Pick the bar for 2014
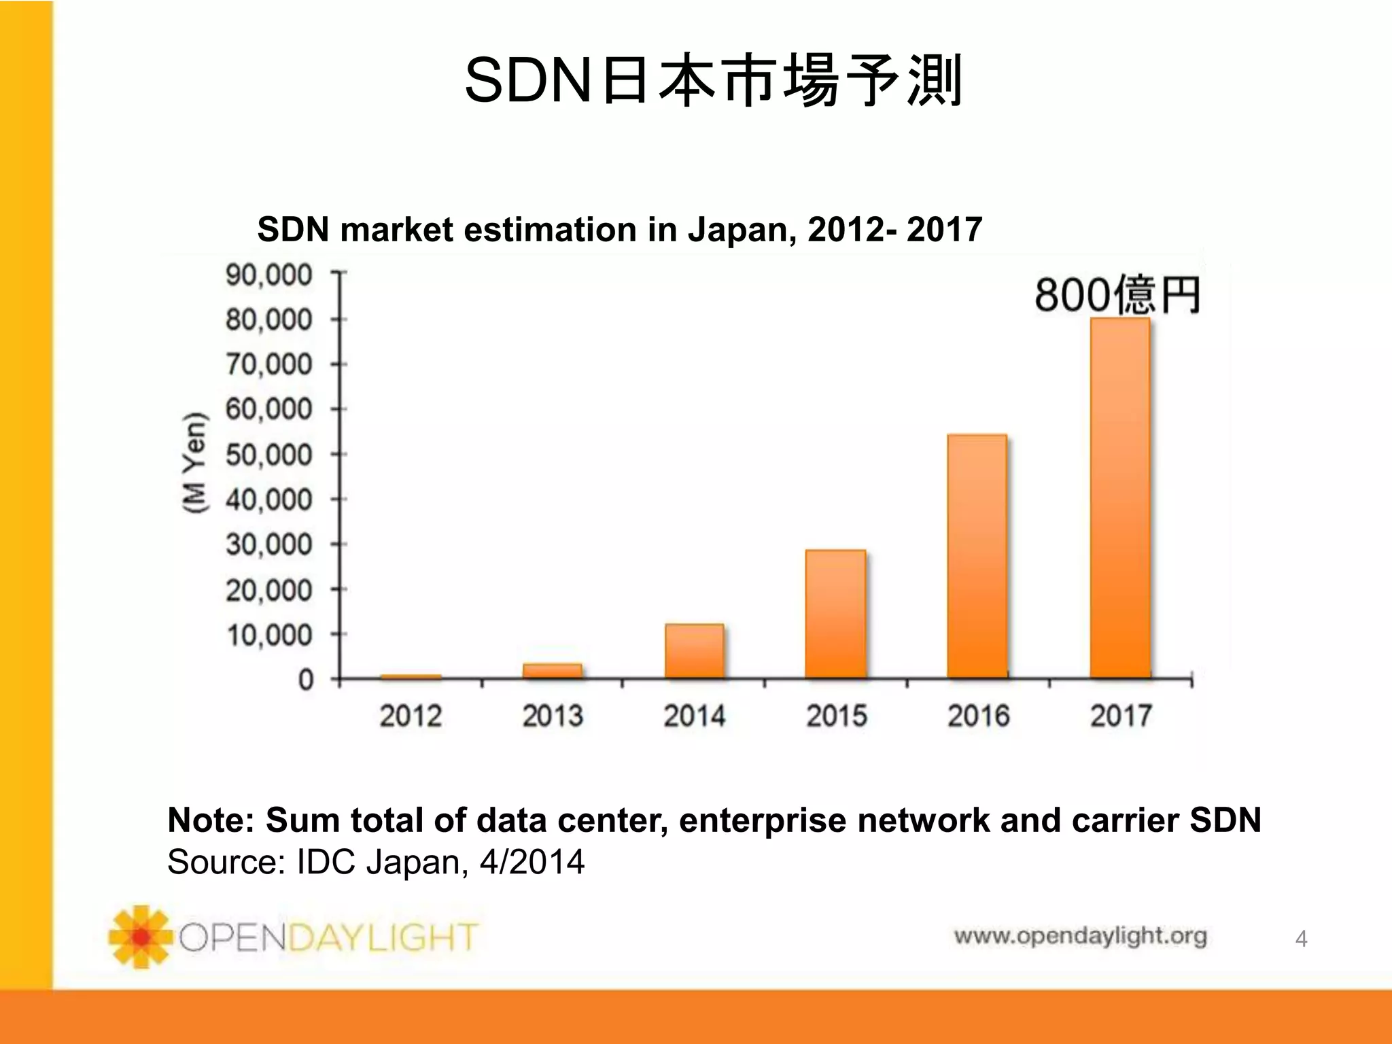[x=694, y=651]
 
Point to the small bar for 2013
[x=553, y=671]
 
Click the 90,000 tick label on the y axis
[x=268, y=275]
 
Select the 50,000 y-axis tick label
[x=268, y=455]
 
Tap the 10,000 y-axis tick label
[x=268, y=636]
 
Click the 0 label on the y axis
[x=306, y=680]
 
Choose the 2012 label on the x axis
[x=411, y=716]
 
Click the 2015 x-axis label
[x=837, y=716]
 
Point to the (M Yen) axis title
[x=194, y=462]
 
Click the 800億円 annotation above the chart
[x=1117, y=296]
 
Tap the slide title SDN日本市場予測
[x=713, y=81]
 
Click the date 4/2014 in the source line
[x=532, y=862]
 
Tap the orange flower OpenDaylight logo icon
[x=140, y=937]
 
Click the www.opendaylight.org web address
[x=1080, y=937]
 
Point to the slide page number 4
[x=1301, y=939]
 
